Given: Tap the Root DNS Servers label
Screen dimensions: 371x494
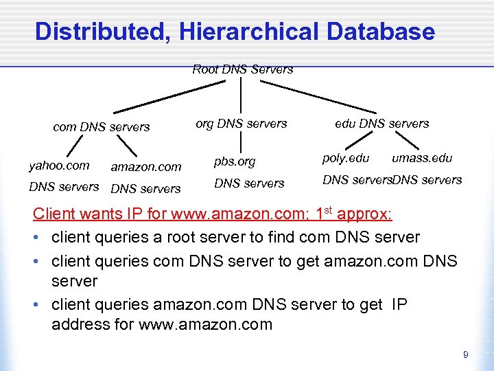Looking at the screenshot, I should pyautogui.click(x=242, y=69).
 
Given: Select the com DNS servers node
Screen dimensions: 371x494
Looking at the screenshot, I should pyautogui.click(x=102, y=126).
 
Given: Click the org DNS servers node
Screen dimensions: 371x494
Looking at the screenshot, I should pyautogui.click(x=242, y=124).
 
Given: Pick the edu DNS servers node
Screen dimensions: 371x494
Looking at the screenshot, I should pyautogui.click(x=381, y=124).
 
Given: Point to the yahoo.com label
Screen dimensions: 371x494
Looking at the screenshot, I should pyautogui.click(x=59, y=165).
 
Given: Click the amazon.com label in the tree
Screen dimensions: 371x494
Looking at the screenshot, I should pyautogui.click(x=146, y=166).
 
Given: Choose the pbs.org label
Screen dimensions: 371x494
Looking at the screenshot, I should pyautogui.click(x=235, y=162).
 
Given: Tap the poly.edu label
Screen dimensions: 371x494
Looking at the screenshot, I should pyautogui.click(x=346, y=158).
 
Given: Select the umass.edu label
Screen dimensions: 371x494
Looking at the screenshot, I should pyautogui.click(x=422, y=158).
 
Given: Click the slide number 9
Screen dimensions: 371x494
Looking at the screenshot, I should pyautogui.click(x=466, y=355).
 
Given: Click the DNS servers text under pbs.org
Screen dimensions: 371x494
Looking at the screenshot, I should pyautogui.click(x=249, y=183).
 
